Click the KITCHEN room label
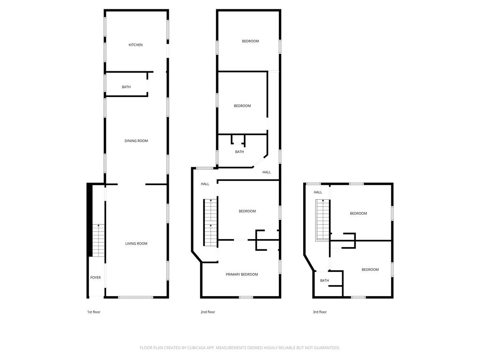click(135, 45)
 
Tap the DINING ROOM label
click(136, 141)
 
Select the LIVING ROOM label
click(136, 244)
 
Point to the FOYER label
click(95, 277)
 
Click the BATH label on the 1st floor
click(126, 87)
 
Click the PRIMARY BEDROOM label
click(241, 275)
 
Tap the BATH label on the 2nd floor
click(239, 152)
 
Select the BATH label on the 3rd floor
click(324, 281)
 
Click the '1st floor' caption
click(93, 312)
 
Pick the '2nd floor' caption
click(208, 312)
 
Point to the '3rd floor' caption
click(319, 312)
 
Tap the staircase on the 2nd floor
click(210, 222)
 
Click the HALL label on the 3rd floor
click(318, 192)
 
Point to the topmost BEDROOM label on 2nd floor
click(250, 41)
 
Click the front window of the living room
click(135, 297)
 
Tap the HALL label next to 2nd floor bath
click(266, 172)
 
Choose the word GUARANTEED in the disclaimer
click(325, 348)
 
